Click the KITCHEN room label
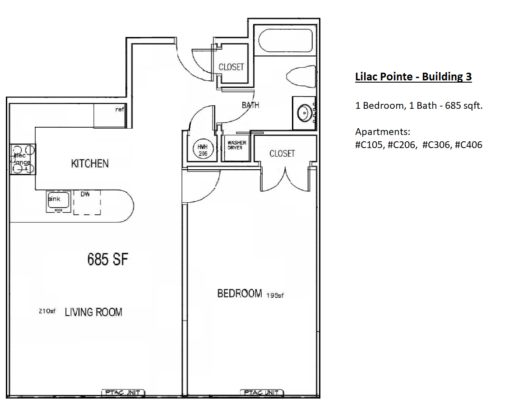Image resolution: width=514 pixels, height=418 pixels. coord(90,163)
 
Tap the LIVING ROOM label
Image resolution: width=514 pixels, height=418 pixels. coord(93,312)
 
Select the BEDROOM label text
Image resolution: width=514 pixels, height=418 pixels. coord(240,293)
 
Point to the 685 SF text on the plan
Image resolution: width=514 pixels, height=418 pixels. coord(108,260)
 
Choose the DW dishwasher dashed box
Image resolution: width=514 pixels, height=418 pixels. coord(87,202)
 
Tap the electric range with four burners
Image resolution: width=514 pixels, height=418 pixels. coord(23,159)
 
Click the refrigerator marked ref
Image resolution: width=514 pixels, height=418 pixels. coord(109,116)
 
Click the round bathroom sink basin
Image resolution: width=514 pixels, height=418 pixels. coord(305,111)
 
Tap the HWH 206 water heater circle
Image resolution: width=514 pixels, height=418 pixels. coord(201,149)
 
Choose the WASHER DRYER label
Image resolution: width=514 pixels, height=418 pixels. coord(236,145)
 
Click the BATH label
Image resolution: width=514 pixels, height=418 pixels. coord(250,105)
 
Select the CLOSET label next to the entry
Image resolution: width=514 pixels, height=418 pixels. coord(231,67)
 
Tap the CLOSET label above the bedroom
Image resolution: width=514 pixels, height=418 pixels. coord(282,153)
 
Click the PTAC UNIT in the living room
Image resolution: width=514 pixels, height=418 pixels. coord(122,393)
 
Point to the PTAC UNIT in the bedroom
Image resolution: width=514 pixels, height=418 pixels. coord(261,393)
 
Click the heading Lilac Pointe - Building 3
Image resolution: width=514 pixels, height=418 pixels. coord(413,77)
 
